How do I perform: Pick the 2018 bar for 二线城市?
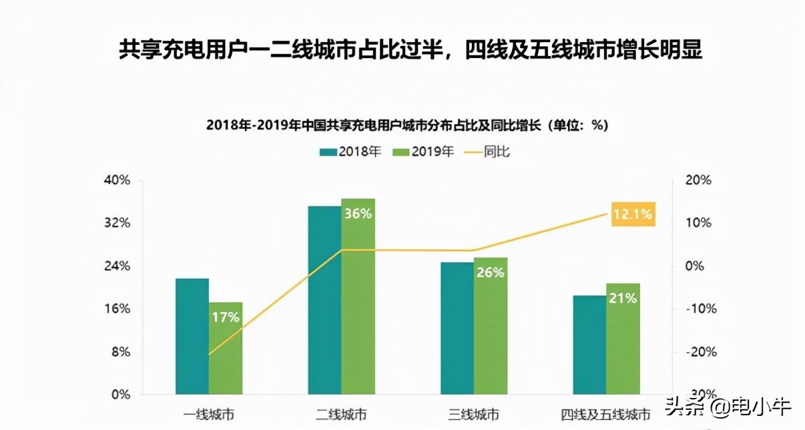(x=324, y=300)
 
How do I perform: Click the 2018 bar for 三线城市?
(x=457, y=328)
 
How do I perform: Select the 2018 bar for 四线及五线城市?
(x=589, y=345)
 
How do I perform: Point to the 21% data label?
(x=622, y=298)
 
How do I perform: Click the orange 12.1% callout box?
(x=633, y=214)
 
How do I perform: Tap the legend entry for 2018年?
(x=350, y=152)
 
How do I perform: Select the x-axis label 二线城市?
(x=341, y=415)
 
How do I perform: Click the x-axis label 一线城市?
(x=209, y=415)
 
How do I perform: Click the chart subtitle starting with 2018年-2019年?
(x=407, y=126)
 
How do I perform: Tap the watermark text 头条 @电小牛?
(x=741, y=407)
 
